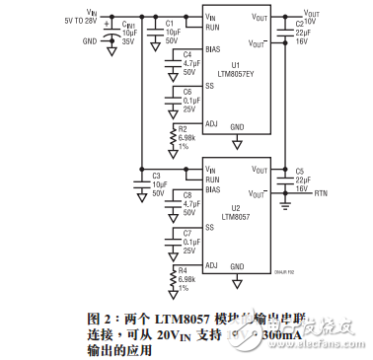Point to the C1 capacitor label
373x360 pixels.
170,22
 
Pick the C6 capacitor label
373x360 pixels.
187,91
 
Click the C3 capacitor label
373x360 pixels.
157,176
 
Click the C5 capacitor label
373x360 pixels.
300,172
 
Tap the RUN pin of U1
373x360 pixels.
212,28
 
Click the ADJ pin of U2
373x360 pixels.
211,265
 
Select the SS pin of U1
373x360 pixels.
209,86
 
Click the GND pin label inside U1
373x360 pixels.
237,126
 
